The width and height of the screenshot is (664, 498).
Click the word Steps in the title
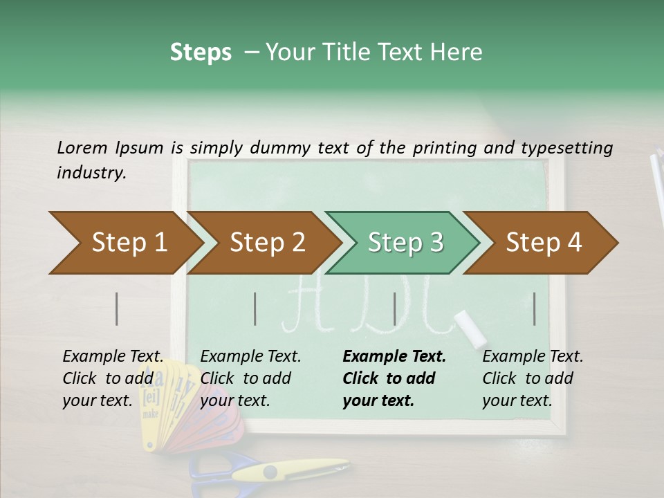pyautogui.click(x=201, y=53)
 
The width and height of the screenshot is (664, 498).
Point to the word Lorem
pyautogui.click(x=82, y=147)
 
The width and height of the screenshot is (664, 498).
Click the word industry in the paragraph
pyautogui.click(x=90, y=172)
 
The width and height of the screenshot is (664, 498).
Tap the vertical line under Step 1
pyautogui.click(x=117, y=308)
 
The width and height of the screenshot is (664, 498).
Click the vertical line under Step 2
pyautogui.click(x=255, y=308)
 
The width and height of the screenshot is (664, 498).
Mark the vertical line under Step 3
pyautogui.click(x=395, y=308)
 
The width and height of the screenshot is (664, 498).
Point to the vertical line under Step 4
pyautogui.click(x=535, y=308)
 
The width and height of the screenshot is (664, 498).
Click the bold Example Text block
pyautogui.click(x=393, y=378)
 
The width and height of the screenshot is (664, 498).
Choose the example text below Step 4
pyautogui.click(x=531, y=378)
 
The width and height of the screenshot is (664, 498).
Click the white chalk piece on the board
pyautogui.click(x=470, y=327)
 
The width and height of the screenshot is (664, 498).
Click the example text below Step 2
pyautogui.click(x=250, y=378)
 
